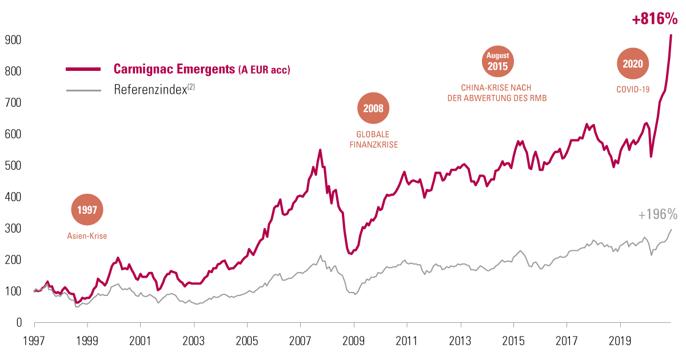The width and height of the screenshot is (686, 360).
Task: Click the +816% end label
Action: [x=654, y=19]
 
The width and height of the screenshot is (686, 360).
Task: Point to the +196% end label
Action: [x=657, y=215]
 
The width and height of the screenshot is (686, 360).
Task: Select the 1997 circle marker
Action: [x=87, y=210]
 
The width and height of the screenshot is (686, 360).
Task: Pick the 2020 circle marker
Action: [x=633, y=64]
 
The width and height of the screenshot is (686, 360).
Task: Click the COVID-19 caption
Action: [x=633, y=90]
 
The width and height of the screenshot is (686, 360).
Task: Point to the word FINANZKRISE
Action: [x=373, y=145]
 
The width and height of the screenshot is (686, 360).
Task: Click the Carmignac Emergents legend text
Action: [x=202, y=70]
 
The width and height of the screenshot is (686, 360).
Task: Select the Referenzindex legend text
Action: [x=154, y=90]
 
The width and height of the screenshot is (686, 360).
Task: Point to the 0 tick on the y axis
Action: [x=18, y=323]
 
